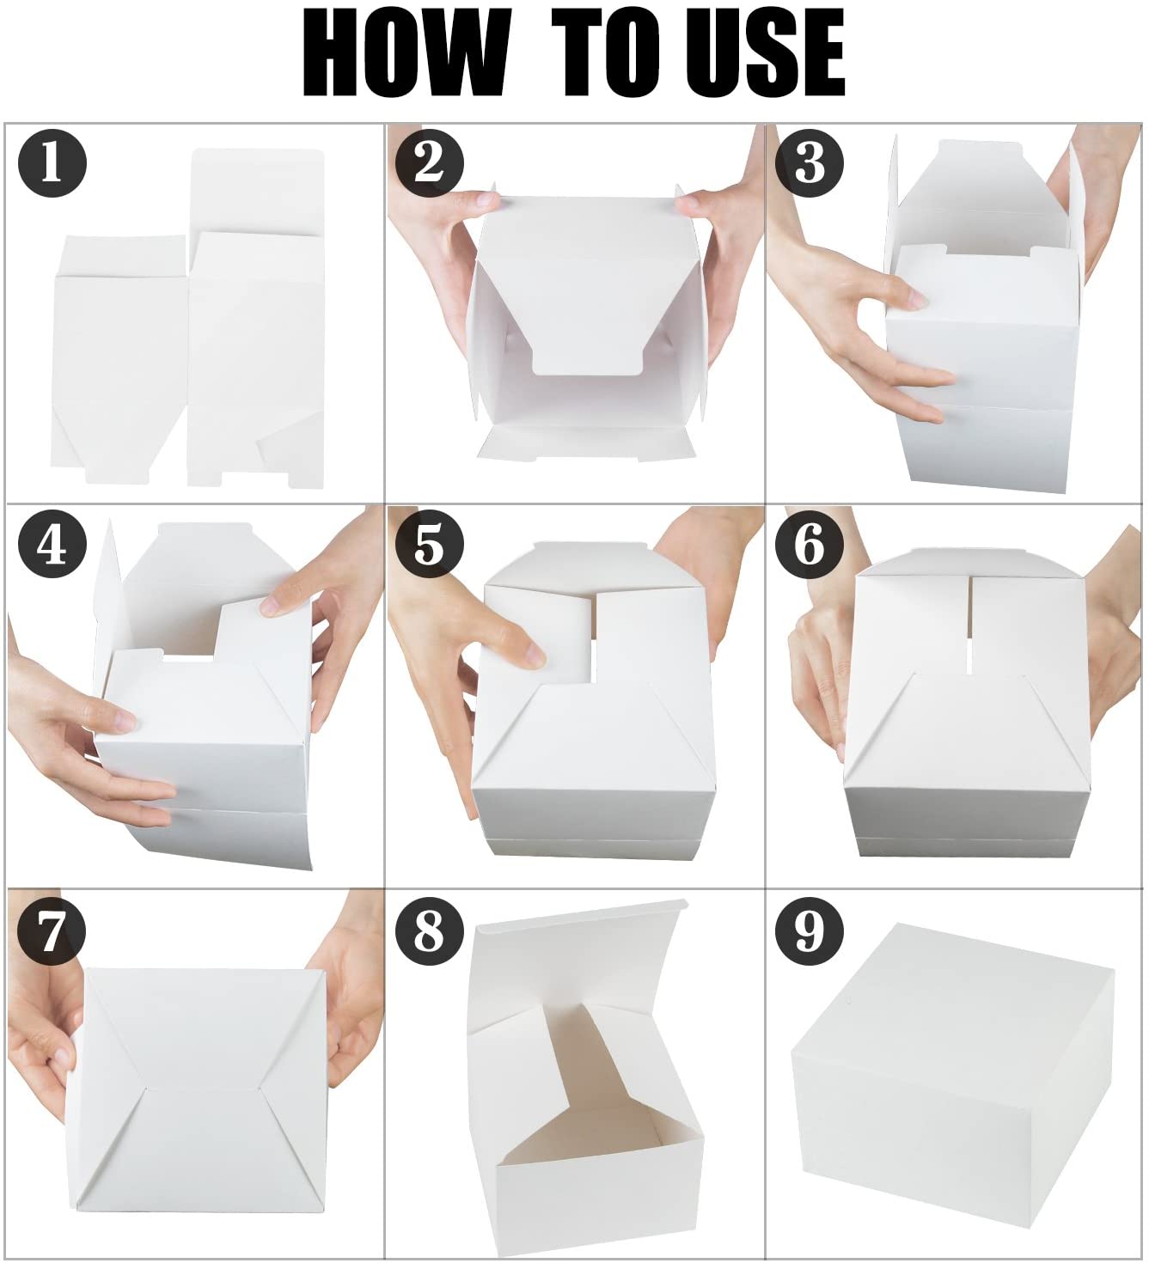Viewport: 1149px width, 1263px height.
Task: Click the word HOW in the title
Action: [x=404, y=54]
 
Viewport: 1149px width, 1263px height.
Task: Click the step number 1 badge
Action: [x=52, y=163]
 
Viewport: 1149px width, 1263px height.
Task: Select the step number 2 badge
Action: [x=430, y=163]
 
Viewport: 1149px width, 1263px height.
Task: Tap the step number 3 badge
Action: [x=810, y=163]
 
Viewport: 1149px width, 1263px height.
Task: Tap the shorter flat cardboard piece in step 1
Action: [x=119, y=359]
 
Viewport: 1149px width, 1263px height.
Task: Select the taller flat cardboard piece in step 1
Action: [x=256, y=319]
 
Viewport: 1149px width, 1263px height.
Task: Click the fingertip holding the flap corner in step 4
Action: [x=271, y=605]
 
